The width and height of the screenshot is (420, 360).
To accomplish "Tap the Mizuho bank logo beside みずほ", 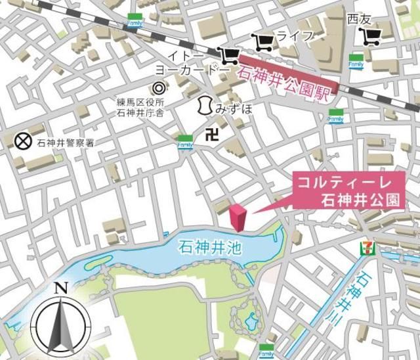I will pyautogui.click(x=205, y=105).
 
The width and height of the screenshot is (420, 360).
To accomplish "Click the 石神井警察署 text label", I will pyautogui.click(x=60, y=141).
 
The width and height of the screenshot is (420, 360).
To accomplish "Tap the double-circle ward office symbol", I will pyautogui.click(x=158, y=87).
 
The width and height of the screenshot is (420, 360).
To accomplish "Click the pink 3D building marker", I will pyautogui.click(x=238, y=217).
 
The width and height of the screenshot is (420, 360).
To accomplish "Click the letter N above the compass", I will pyautogui.click(x=60, y=288).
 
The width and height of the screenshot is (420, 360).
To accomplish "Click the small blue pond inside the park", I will pyautogui.click(x=251, y=321).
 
